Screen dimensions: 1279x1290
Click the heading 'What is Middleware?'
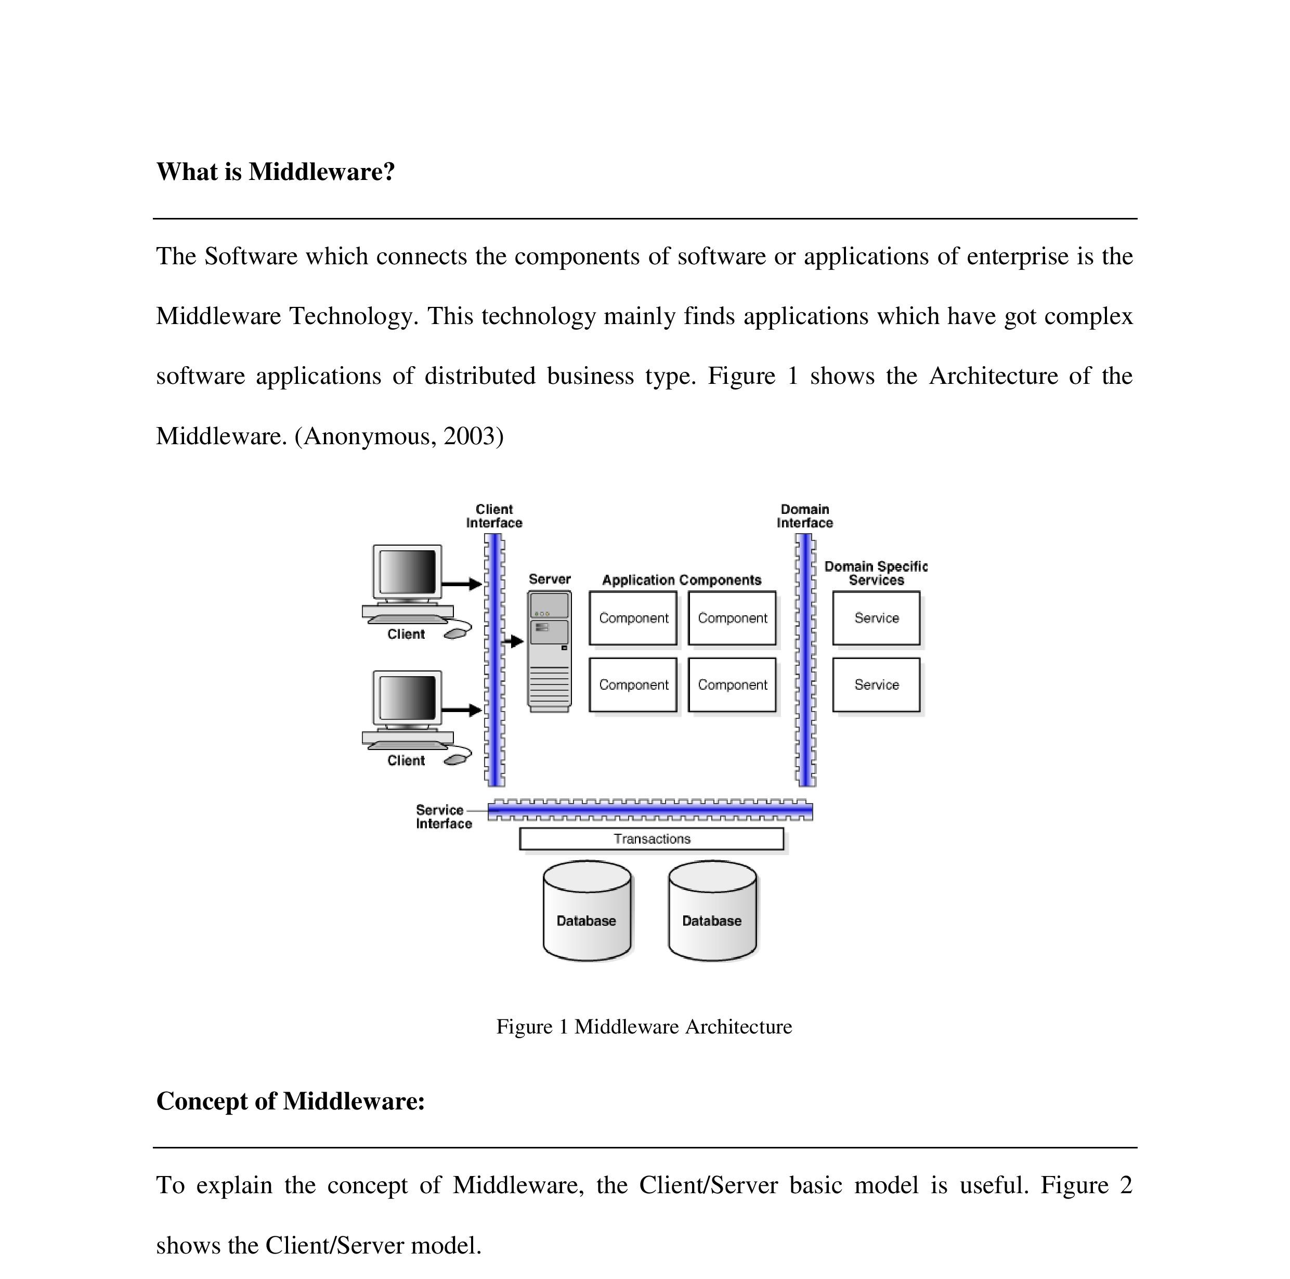[x=275, y=172]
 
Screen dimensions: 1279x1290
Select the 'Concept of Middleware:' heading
[x=291, y=1101]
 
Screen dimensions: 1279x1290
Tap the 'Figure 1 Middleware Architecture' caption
[x=644, y=1027]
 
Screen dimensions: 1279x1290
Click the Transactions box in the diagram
[x=651, y=839]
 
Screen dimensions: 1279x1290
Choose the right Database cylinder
[x=712, y=911]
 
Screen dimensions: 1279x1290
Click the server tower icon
[x=550, y=651]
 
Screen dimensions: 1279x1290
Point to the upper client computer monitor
[x=407, y=572]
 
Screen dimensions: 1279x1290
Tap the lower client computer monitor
[x=407, y=698]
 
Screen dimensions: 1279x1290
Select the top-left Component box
[x=633, y=618]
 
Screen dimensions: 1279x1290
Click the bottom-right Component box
[x=732, y=684]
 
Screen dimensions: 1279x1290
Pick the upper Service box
[x=876, y=618]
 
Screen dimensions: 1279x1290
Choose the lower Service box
[x=876, y=684]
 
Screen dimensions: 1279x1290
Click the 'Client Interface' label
[x=494, y=516]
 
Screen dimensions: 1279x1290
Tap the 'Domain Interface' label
[x=804, y=516]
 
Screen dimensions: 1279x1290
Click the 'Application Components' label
[x=682, y=580]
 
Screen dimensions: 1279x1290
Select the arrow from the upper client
[x=462, y=584]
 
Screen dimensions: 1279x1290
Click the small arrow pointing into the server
[x=514, y=641]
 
